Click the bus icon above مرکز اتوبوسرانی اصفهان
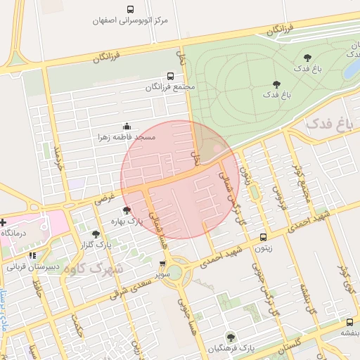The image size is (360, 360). tap(131, 10)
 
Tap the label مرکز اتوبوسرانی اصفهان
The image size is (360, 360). tap(131, 21)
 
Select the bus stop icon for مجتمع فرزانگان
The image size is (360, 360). tap(170, 76)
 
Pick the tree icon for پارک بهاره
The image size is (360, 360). tap(127, 210)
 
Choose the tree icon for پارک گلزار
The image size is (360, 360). tap(96, 233)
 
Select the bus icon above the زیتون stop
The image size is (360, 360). tap(263, 237)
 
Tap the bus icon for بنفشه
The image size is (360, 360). tap(349, 321)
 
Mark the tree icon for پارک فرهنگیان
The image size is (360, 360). tap(231, 337)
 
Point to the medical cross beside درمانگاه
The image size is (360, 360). tap(3, 221)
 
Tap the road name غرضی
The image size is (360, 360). tap(105, 198)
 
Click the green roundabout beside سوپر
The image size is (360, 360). tap(175, 274)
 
